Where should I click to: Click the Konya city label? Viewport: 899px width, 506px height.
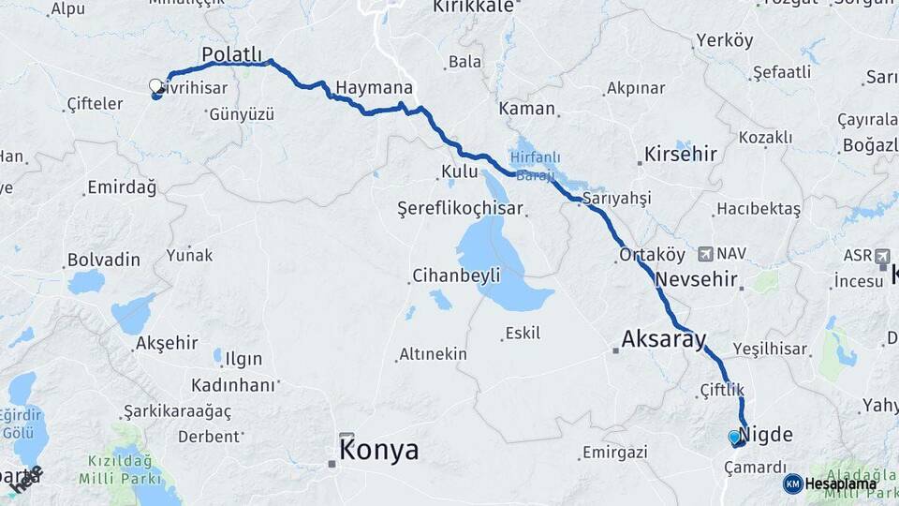[378, 451]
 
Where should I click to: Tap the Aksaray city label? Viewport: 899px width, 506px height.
[663, 339]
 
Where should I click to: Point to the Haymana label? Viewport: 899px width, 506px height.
[374, 86]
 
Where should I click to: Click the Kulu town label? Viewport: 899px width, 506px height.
[459, 171]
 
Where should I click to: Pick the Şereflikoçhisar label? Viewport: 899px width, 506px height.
[459, 208]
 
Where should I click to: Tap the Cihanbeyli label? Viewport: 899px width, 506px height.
[456, 275]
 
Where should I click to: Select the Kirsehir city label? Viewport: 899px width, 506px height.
[681, 155]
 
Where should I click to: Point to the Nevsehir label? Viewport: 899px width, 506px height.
[698, 279]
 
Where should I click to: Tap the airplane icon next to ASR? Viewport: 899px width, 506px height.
[882, 256]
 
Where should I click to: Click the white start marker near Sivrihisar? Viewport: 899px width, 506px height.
[155, 86]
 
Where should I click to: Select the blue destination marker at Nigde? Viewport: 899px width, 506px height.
[733, 437]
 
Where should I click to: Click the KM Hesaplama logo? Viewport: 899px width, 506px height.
[830, 484]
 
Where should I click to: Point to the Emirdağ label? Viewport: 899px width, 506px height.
[122, 187]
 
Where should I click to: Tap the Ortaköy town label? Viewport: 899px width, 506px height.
[647, 254]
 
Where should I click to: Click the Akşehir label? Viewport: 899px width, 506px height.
[167, 343]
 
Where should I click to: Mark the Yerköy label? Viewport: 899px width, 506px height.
[724, 40]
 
